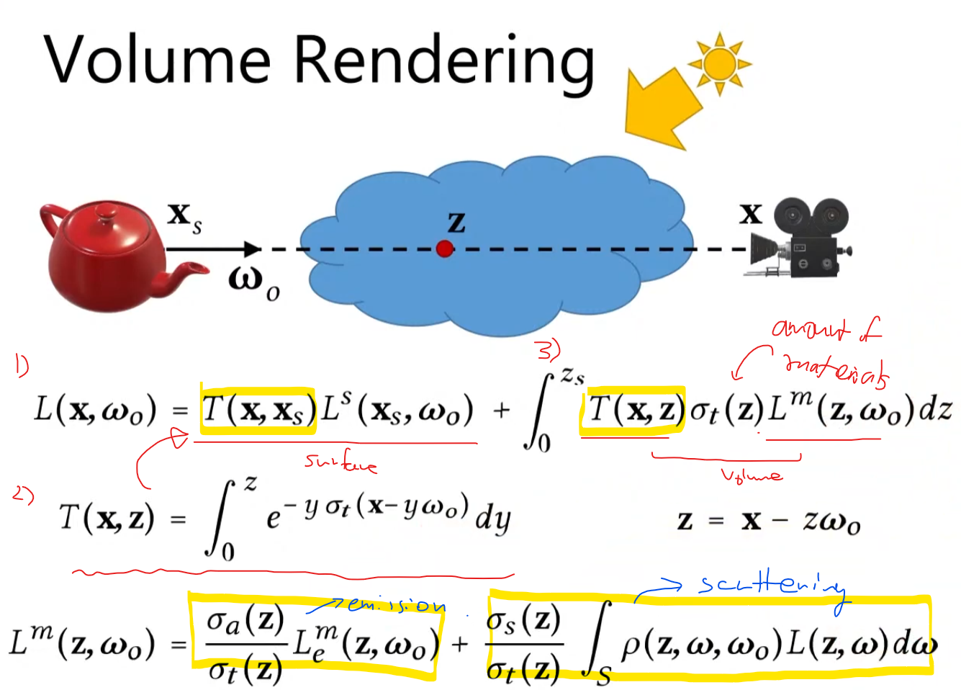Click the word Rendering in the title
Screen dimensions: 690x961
(444, 62)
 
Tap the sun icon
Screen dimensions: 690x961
(719, 63)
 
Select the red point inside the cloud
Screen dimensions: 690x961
(445, 249)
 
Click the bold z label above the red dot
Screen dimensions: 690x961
(456, 222)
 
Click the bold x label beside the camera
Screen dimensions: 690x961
(750, 213)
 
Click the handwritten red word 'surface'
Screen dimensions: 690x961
(340, 462)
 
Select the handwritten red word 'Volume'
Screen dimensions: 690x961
(751, 475)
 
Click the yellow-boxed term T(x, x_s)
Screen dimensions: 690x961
(258, 409)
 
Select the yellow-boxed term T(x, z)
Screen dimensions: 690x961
(633, 409)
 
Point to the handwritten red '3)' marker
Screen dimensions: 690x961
(549, 350)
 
